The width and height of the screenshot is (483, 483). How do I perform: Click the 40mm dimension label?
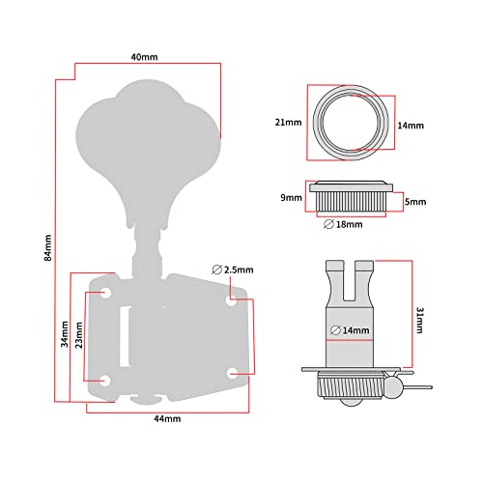click(144, 57)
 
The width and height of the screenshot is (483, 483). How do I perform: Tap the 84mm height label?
click(47, 247)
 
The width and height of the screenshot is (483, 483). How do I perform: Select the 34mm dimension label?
click(65, 334)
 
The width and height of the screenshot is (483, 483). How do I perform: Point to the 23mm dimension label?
click(79, 335)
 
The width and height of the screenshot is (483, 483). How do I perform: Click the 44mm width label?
click(167, 418)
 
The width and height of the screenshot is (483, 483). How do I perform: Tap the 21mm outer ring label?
click(288, 123)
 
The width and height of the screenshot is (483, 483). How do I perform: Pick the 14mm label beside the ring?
click(411, 126)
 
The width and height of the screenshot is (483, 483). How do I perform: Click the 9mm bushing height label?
click(291, 197)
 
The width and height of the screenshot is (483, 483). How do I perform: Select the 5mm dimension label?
click(415, 202)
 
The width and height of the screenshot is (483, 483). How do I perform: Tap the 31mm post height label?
click(420, 320)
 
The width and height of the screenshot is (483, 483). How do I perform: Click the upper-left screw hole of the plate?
click(105, 293)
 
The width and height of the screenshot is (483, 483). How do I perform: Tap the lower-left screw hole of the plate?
click(105, 381)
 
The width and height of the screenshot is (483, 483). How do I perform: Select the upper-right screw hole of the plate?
click(231, 300)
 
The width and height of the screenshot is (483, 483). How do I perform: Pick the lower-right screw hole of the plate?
click(232, 374)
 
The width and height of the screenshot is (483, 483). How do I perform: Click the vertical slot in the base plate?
click(126, 336)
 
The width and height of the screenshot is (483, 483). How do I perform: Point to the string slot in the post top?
click(350, 281)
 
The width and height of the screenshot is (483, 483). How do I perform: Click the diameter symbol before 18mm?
click(328, 224)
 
